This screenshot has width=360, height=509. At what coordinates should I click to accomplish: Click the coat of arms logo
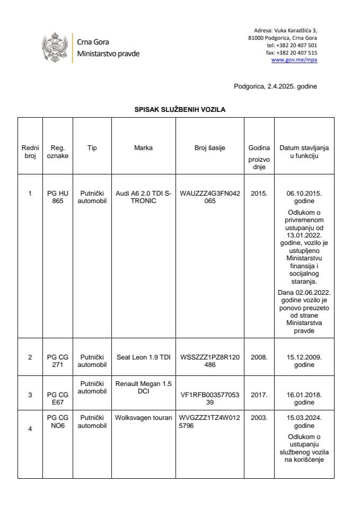pyautogui.click(x=55, y=48)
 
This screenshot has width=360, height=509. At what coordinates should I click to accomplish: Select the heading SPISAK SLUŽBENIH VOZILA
pyautogui.click(x=180, y=110)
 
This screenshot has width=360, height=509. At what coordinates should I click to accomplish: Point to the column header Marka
pyautogui.click(x=143, y=148)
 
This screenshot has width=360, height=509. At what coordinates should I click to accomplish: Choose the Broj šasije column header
pyautogui.click(x=210, y=148)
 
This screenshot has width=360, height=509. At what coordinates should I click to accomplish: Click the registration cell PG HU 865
pyautogui.click(x=57, y=197)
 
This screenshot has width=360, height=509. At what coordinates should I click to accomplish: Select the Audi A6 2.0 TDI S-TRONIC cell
pyautogui.click(x=143, y=197)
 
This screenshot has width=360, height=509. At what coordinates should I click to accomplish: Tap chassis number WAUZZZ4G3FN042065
pyautogui.click(x=210, y=197)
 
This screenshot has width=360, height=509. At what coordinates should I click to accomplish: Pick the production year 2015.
pyautogui.click(x=258, y=194)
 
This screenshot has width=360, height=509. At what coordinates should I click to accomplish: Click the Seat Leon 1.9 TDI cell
pyautogui.click(x=143, y=357)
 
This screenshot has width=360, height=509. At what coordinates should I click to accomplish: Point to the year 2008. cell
pyautogui.click(x=258, y=357)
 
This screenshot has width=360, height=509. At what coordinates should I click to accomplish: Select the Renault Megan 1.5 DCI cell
pyautogui.click(x=143, y=387)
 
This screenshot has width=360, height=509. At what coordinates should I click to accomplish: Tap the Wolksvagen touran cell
pyautogui.click(x=143, y=418)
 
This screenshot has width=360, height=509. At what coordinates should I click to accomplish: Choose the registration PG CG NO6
pyautogui.click(x=57, y=422)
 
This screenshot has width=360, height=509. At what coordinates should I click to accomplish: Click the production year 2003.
pyautogui.click(x=258, y=418)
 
